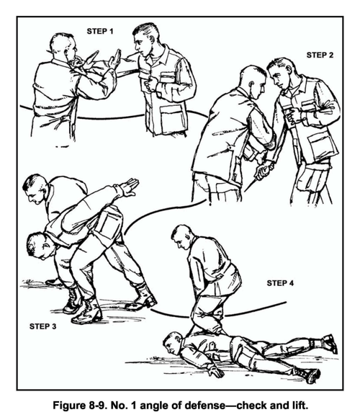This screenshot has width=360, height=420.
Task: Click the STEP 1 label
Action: click(100, 32)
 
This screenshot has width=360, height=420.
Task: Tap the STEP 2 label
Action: click(320, 55)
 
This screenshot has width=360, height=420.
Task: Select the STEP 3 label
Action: click(42, 326)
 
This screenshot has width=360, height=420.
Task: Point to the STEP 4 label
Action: click(280, 283)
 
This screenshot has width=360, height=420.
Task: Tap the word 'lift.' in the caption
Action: click(298, 405)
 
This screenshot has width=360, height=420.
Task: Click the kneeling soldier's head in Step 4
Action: click(182, 236)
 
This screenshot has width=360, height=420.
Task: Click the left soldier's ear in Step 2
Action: click(251, 85)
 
